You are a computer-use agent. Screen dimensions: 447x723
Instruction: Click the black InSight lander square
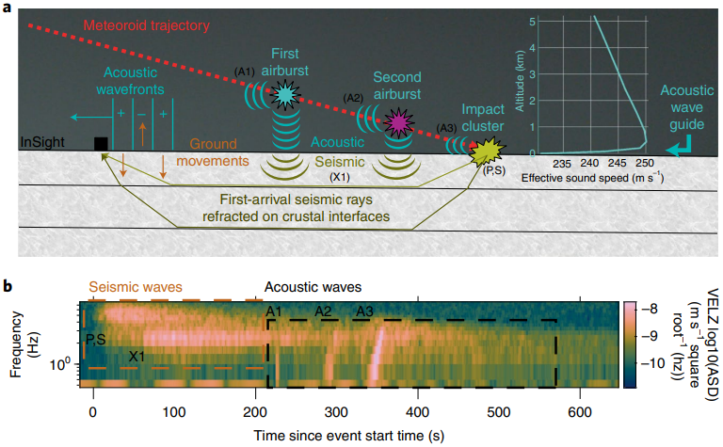pyautogui.click(x=101, y=143)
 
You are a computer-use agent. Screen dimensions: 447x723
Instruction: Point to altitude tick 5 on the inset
pyautogui.click(x=532, y=20)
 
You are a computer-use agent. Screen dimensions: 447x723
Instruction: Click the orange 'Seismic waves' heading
pyautogui.click(x=138, y=286)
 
